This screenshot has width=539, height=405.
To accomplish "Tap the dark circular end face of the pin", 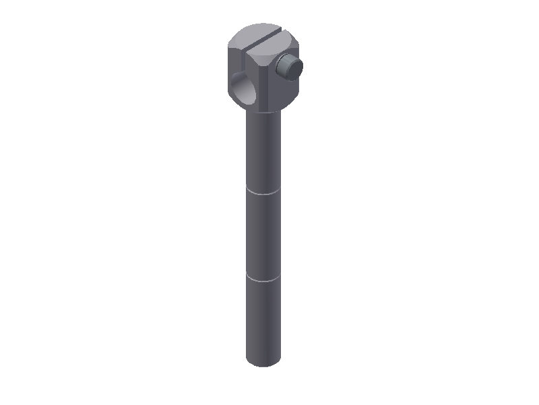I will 293,66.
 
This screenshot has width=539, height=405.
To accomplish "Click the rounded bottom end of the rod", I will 263,362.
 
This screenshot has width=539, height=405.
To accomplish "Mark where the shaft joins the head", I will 263,111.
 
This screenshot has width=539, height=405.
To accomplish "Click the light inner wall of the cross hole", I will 249,92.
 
